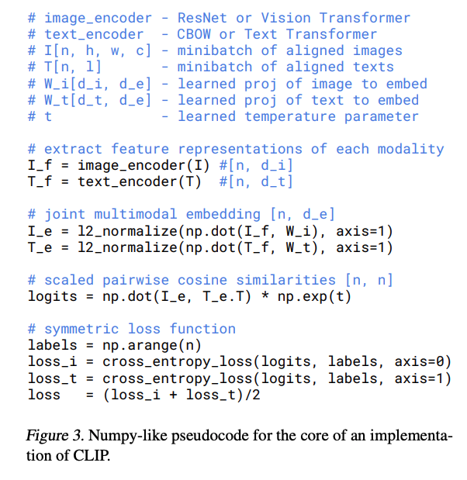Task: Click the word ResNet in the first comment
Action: [202, 17]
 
